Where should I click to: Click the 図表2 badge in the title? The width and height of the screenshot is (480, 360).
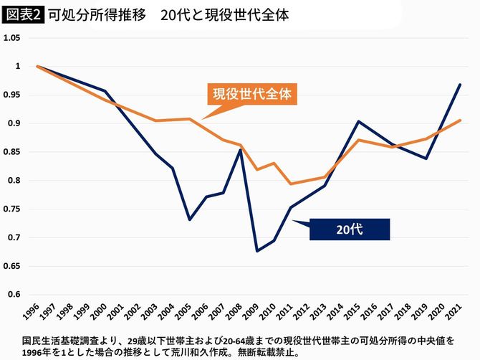(22, 14)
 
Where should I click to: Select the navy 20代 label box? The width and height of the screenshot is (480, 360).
(349, 229)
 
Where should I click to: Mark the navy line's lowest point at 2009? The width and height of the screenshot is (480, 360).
(256, 251)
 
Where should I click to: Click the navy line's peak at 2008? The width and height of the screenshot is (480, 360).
(240, 149)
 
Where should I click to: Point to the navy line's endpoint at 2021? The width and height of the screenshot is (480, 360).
(460, 85)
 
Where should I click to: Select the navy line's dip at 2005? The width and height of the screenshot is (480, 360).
(189, 219)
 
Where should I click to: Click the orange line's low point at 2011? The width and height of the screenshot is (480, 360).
(290, 184)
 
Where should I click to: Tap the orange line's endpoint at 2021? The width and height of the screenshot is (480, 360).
(460, 120)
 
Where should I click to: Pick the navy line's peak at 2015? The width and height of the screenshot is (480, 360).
(358, 121)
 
